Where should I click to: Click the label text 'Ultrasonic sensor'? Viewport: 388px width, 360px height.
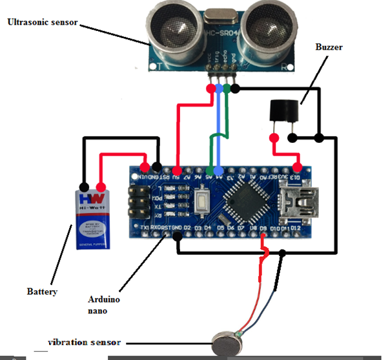(42, 22)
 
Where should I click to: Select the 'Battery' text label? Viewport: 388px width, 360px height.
(42, 291)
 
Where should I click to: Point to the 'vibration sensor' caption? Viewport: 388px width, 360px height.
(85, 342)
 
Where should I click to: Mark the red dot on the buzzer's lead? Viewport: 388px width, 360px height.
(274, 137)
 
